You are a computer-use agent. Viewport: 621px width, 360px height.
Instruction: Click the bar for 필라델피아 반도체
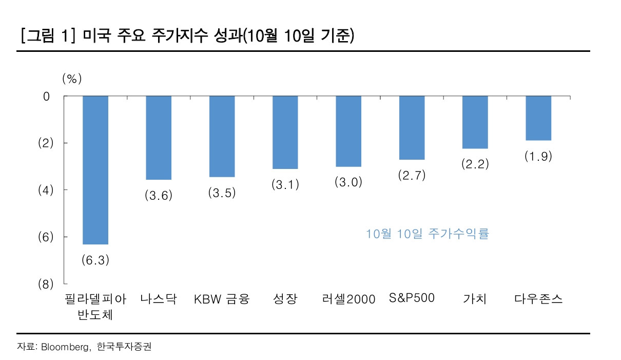pyautogui.click(x=95, y=170)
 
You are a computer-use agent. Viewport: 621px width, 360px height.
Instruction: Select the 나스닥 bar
pyautogui.click(x=159, y=138)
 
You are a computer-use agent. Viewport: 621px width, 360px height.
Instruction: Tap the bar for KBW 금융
pyautogui.click(x=222, y=136)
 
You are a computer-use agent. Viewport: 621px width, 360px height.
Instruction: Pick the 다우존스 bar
pyautogui.click(x=538, y=118)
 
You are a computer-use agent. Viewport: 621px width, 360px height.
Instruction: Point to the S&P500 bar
pyautogui.click(x=412, y=128)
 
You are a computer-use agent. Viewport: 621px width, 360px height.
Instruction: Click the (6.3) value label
pyautogui.click(x=95, y=260)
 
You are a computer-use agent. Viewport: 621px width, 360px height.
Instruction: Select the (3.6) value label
pyautogui.click(x=159, y=196)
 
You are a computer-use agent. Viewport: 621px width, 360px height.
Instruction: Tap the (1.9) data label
pyautogui.click(x=538, y=157)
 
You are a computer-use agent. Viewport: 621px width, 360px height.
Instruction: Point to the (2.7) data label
pyautogui.click(x=412, y=176)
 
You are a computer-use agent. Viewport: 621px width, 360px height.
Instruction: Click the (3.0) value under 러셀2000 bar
pyautogui.click(x=348, y=182)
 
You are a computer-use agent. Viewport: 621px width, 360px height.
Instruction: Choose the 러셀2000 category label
pyautogui.click(x=349, y=299)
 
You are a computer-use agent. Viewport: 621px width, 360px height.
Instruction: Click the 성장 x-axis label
pyautogui.click(x=285, y=299)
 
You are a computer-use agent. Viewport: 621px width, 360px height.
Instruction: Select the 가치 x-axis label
pyautogui.click(x=475, y=299)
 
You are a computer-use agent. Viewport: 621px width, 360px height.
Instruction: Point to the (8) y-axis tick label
pyautogui.click(x=46, y=284)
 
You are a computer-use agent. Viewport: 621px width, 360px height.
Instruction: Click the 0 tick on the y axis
pyautogui.click(x=47, y=96)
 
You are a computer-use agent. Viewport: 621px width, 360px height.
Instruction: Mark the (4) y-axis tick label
pyautogui.click(x=46, y=190)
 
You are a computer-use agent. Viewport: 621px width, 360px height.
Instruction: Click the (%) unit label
pyautogui.click(x=72, y=79)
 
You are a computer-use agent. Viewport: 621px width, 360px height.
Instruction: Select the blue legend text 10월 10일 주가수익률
pyautogui.click(x=428, y=234)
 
